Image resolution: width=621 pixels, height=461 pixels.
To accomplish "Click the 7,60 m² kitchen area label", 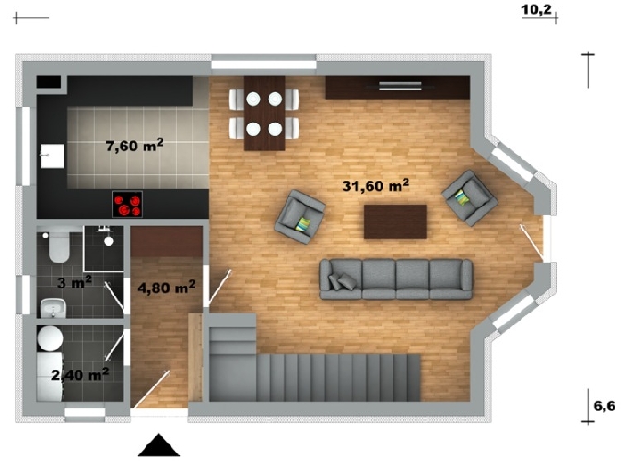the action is coord(135,145).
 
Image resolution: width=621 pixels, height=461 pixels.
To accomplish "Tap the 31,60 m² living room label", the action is coord(375,184).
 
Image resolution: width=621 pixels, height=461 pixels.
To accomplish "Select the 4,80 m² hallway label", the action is coord(167,287).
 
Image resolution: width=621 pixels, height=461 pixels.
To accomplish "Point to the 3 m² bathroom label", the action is coord(75,282).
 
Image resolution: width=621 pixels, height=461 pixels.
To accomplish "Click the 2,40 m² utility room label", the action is coord(80,373).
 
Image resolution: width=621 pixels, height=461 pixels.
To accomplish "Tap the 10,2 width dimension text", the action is coord(536,9).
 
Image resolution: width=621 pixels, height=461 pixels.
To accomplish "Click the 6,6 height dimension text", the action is coord(604,406).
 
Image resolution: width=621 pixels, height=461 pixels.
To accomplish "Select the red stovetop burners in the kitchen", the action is coord(127,204).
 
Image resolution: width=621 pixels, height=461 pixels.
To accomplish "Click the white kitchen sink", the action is coord(53,156).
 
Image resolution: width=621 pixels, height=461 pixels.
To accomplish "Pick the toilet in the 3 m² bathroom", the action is coord(58,246).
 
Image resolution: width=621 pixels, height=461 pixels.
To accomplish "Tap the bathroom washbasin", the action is coord(53,308).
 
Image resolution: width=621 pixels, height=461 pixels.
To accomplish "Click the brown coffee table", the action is coord(395,221).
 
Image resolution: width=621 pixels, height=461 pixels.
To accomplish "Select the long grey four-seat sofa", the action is coord(395,279).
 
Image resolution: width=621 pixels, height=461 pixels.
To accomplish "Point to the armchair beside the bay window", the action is coord(470,198).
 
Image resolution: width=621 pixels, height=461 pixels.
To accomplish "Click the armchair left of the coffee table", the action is coord(299,217).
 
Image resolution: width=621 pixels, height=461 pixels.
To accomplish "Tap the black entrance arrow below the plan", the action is coord(158,445).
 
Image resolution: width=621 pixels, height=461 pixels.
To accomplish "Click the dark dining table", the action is coord(264,113).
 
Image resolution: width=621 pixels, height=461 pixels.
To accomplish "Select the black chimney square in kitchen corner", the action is coord(49,82).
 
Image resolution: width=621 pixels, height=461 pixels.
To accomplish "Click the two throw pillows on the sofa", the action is coord(342,281).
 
